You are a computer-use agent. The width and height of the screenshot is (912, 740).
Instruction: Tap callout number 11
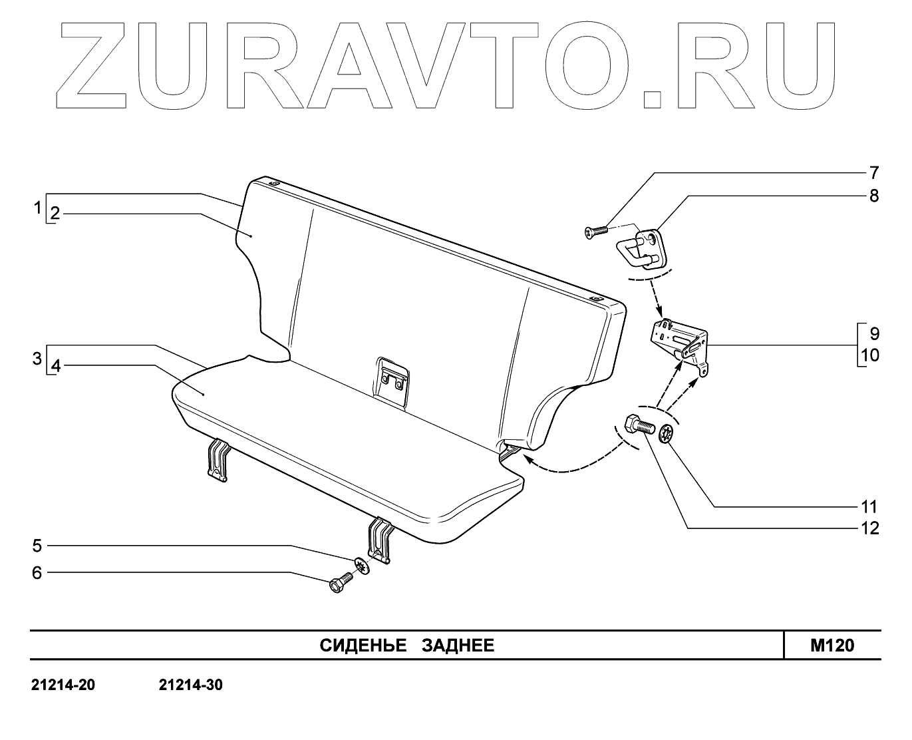coord(869,507)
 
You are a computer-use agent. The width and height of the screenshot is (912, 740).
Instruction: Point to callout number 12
coord(869,528)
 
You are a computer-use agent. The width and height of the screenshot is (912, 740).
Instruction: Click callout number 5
coord(37,546)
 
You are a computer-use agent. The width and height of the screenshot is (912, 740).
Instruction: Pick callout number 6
coord(37,572)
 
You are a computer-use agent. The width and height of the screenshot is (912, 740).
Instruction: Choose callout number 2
coord(55,214)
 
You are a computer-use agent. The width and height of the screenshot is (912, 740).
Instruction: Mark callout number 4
coord(55,365)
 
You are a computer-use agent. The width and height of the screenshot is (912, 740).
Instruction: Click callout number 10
coord(869,355)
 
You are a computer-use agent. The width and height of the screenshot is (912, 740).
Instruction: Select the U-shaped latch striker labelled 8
coord(641,248)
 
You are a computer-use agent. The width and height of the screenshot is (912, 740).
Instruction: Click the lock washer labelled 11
coord(666,435)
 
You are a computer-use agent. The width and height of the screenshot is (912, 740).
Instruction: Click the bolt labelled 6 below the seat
coord(341,584)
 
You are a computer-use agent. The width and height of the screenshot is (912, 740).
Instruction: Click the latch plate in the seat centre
coord(392,381)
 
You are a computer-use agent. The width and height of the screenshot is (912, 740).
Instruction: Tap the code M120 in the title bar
coord(832,646)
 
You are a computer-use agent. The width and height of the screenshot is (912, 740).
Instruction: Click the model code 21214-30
coord(191,685)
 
